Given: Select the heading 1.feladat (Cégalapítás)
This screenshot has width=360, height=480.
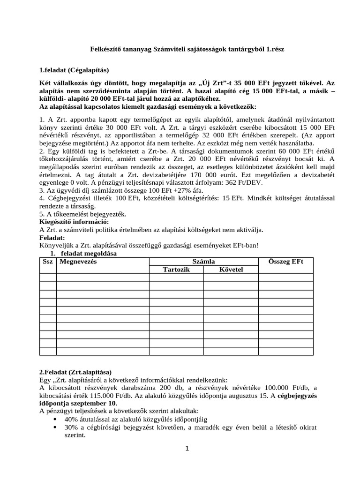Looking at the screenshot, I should (74, 70).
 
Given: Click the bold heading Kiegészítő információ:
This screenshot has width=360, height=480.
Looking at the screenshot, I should (74, 222).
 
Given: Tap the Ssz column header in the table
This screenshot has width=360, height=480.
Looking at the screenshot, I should (48, 262).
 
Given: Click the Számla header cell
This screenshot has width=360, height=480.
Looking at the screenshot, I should (204, 262).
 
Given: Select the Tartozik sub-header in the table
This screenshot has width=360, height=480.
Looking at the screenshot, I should (176, 270).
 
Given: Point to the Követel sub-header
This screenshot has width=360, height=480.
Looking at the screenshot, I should (231, 270).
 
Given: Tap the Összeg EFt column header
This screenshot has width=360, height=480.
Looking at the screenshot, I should (286, 262).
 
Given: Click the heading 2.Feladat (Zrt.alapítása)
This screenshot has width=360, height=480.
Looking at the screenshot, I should (76, 372).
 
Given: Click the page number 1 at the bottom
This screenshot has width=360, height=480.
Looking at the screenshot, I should (187, 449).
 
